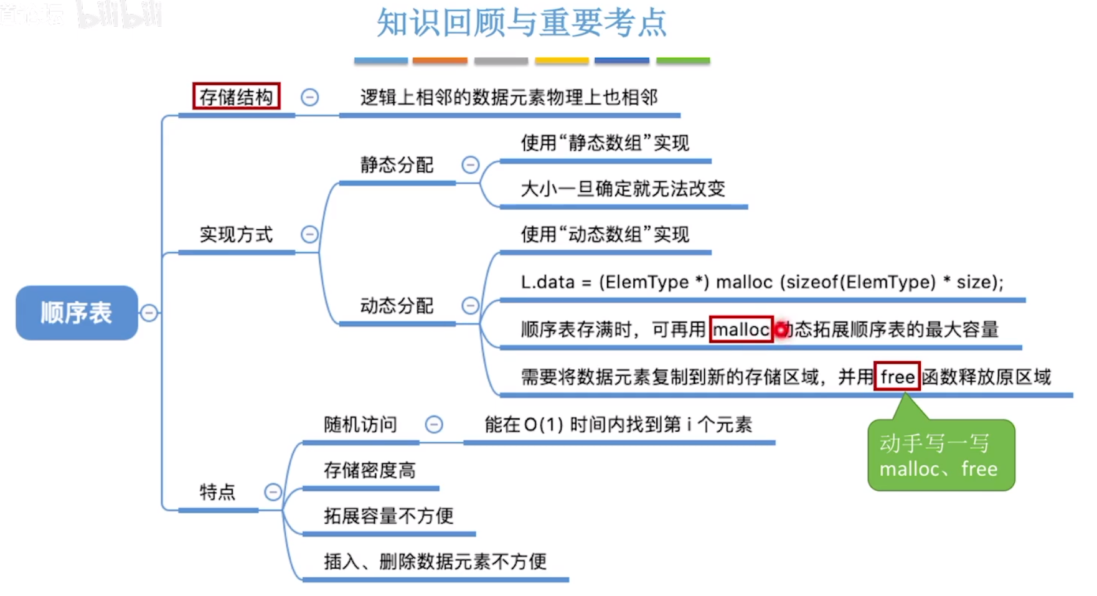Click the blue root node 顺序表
[x=76, y=313]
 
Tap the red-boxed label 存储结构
[x=236, y=97]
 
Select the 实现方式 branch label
[x=236, y=235]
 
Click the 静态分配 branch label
[x=397, y=165]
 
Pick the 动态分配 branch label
[x=397, y=306]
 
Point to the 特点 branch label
[x=217, y=492]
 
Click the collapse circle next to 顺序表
[x=149, y=313]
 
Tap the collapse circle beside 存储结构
[x=309, y=97]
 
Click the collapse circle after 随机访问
[x=433, y=425]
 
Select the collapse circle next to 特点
[x=273, y=492]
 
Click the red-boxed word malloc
[x=741, y=329]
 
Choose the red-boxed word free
[x=897, y=377]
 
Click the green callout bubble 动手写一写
[x=940, y=456]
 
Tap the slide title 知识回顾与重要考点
[x=522, y=23]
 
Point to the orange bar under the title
[x=440, y=60]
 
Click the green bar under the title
[x=682, y=60]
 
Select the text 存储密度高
[x=369, y=470]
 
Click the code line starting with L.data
[x=762, y=282]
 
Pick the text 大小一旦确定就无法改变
[x=623, y=189]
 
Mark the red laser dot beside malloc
[x=781, y=329]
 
